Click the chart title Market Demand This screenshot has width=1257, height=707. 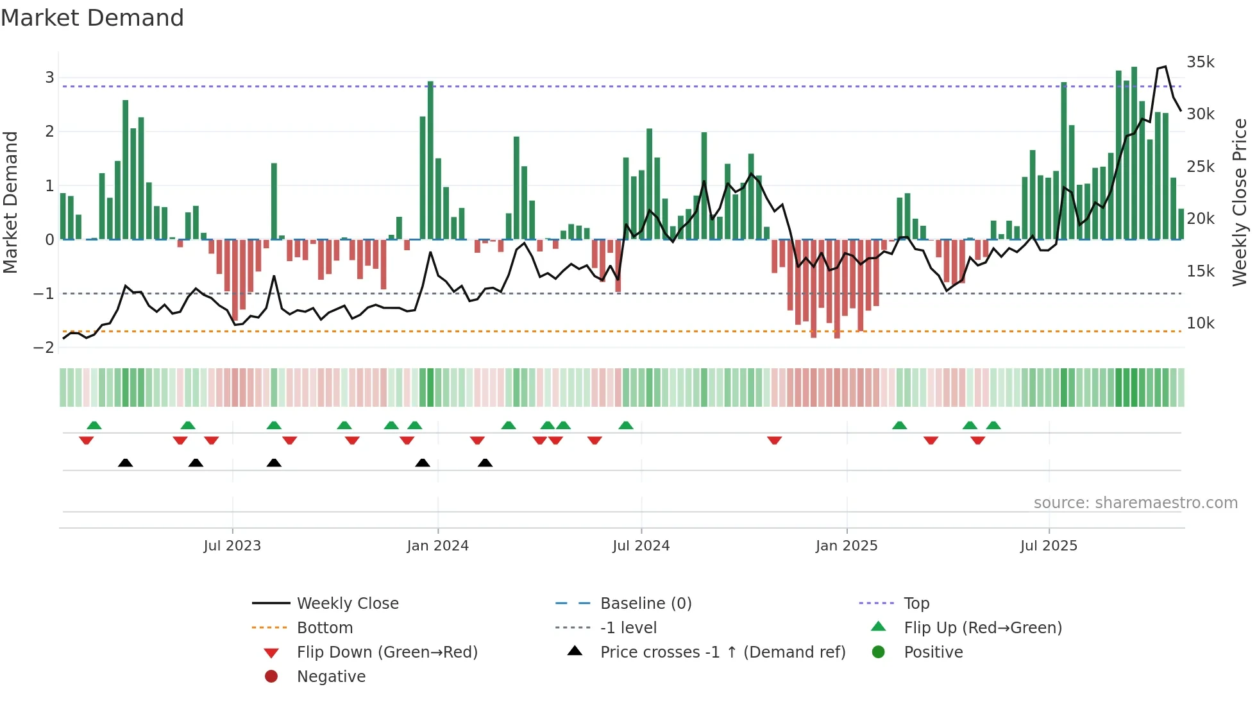92,18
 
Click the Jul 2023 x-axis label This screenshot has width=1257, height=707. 232,545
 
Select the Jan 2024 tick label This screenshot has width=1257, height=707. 437,545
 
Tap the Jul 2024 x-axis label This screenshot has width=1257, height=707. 641,545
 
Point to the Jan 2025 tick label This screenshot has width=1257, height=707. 847,545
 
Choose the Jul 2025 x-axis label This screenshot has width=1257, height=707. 1049,545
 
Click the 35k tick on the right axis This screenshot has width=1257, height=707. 1200,62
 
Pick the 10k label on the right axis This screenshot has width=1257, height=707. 1200,323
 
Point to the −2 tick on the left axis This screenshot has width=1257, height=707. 44,347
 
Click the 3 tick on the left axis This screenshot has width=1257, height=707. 49,77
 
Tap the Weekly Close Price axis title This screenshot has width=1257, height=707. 1240,202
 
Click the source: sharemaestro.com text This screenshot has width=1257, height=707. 1135,502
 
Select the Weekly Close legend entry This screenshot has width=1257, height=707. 347,603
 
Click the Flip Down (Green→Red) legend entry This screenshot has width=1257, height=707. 387,652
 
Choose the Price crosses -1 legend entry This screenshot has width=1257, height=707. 722,652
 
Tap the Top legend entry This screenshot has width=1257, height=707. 916,603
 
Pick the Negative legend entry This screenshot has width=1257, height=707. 331,676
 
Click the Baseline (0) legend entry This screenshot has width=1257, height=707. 645,603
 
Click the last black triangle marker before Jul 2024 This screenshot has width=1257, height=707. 485,463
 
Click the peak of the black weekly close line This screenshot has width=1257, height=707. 1165,66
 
